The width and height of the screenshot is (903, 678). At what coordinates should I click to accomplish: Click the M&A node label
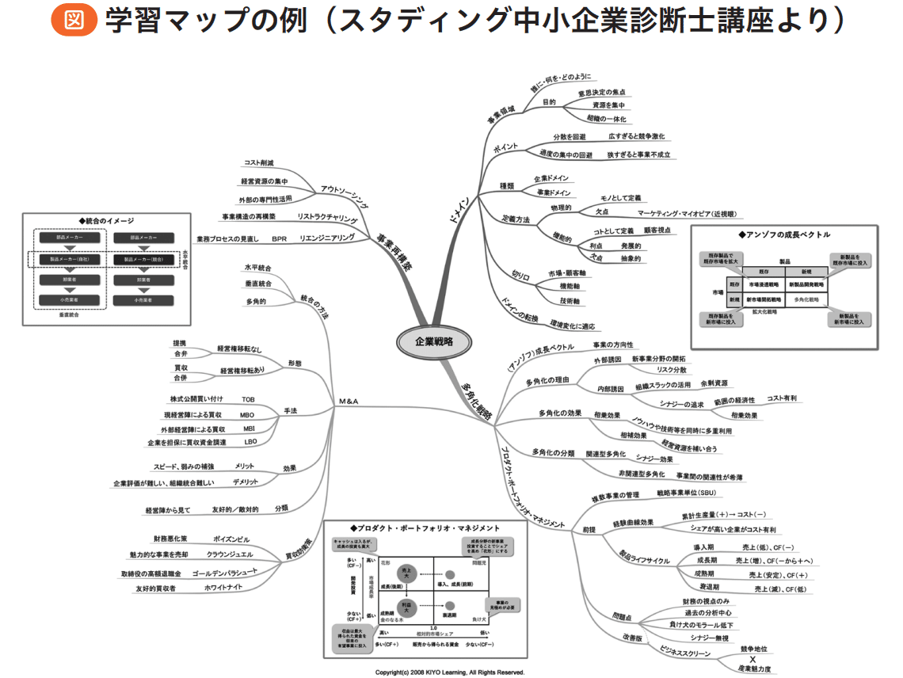(x=349, y=402)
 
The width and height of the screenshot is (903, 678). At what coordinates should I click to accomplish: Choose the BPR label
(x=279, y=238)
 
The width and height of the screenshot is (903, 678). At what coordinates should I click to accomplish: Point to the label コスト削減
(x=258, y=162)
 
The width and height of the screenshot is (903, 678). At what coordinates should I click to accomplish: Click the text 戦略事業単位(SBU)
(x=686, y=493)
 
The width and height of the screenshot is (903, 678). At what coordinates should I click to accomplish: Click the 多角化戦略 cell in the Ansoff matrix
(x=807, y=300)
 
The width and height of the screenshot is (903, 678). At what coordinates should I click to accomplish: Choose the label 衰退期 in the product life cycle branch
(x=707, y=587)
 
